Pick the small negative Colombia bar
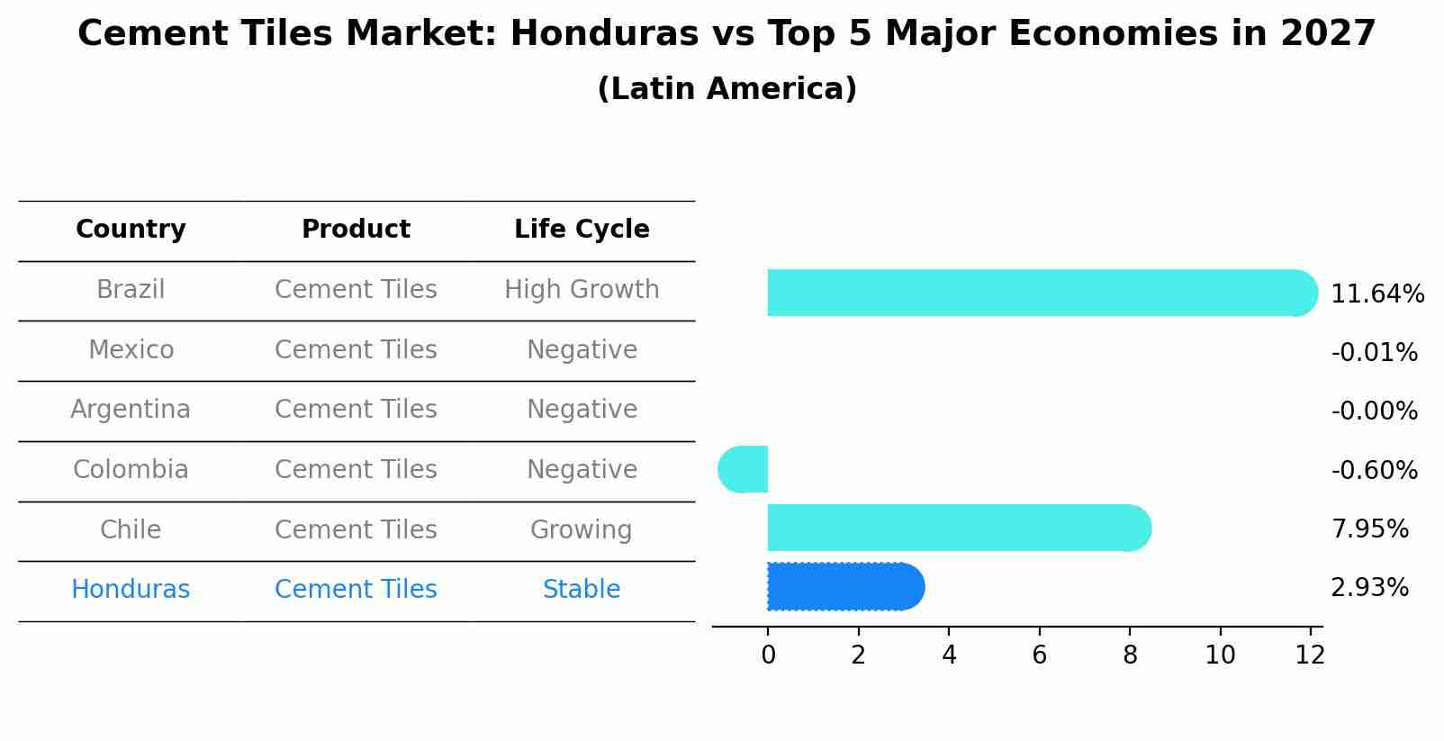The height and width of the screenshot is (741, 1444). [x=744, y=469]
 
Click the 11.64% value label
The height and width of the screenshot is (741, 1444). [x=1376, y=294]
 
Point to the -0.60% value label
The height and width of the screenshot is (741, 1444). [x=1374, y=471]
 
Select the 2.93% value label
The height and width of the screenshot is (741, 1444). [x=1369, y=588]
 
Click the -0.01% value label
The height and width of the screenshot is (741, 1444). [x=1374, y=353]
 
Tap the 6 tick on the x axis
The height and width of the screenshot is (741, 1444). [x=1039, y=655]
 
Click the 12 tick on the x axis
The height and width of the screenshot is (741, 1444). [x=1310, y=655]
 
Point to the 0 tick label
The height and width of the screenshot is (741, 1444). [x=768, y=655]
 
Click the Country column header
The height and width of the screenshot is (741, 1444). [x=131, y=230]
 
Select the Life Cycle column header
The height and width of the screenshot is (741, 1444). [x=582, y=230]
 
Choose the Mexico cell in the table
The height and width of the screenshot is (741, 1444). [x=131, y=349]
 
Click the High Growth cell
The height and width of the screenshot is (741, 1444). [x=582, y=290]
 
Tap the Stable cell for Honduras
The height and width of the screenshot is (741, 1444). [x=582, y=590]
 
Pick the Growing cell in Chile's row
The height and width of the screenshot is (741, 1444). [x=582, y=529]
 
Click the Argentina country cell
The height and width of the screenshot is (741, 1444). [x=131, y=410]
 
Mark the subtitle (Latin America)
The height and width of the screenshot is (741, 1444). [x=727, y=89]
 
